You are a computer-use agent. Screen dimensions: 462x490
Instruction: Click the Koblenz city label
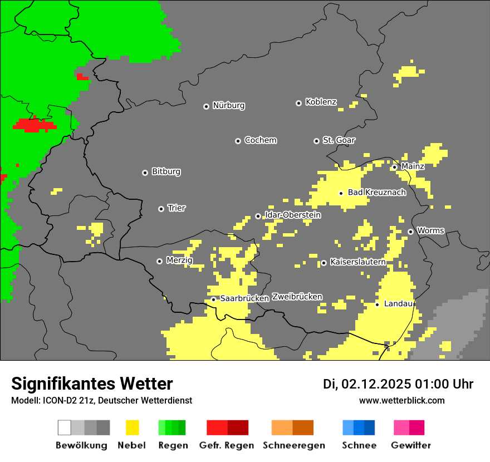click(321, 102)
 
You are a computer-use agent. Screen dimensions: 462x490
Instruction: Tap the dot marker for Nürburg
click(206, 106)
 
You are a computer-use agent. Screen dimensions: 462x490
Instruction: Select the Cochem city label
click(260, 140)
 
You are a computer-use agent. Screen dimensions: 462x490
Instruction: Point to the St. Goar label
click(339, 140)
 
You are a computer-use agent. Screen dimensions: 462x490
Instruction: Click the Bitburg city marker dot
click(145, 173)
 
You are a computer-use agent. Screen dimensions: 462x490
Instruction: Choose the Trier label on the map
click(177, 208)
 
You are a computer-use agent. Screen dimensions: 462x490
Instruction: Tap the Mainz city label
click(413, 166)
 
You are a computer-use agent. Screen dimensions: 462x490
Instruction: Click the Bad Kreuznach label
click(376, 193)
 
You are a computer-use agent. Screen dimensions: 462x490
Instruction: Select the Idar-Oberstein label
click(292, 215)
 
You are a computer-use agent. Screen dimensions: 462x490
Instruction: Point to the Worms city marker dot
click(410, 232)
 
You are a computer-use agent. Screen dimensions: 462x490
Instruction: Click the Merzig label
click(179, 261)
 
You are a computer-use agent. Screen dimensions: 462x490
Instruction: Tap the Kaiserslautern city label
click(357, 262)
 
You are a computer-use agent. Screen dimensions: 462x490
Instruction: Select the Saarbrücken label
click(244, 298)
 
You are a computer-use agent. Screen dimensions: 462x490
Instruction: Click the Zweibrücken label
click(297, 297)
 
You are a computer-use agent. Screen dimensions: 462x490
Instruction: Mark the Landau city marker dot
click(377, 304)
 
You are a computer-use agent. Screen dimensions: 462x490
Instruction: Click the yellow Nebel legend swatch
click(132, 427)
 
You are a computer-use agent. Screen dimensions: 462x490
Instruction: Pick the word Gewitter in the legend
click(410, 445)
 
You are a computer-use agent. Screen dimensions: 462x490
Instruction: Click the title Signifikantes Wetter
click(92, 384)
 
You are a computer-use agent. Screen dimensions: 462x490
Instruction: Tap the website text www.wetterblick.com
click(401, 400)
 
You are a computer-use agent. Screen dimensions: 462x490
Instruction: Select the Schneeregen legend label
click(293, 445)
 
